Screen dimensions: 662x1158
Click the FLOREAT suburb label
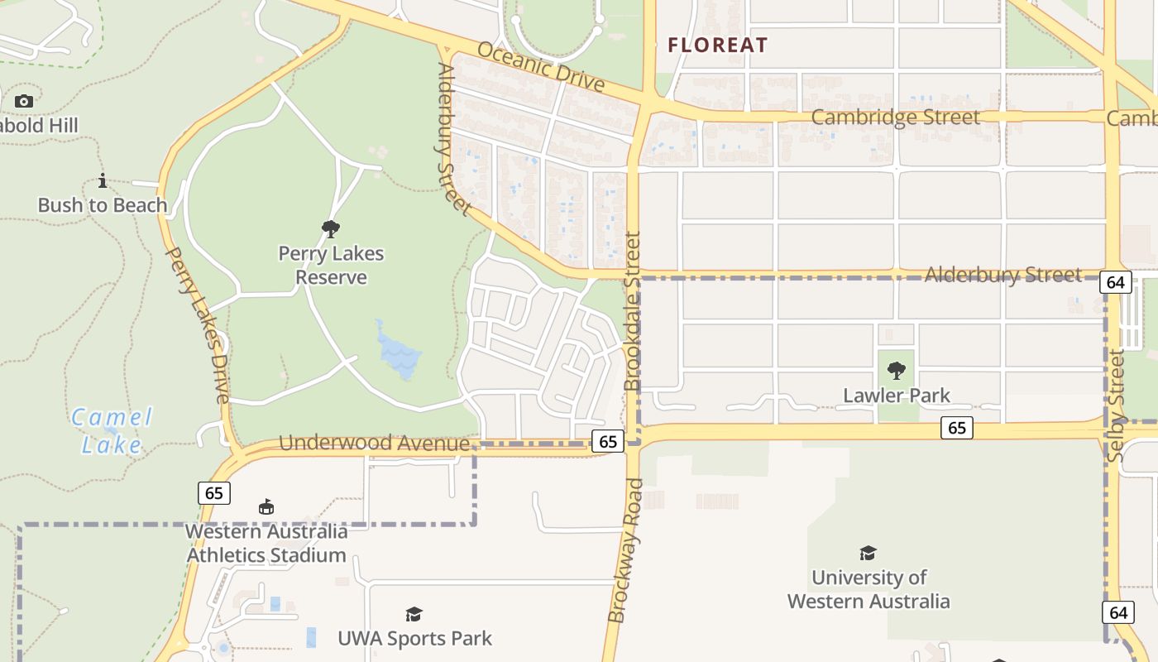tap(718, 45)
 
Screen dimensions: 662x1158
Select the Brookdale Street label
tap(633, 311)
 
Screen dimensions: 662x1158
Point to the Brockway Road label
tap(624, 550)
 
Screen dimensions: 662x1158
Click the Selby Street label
tap(1117, 405)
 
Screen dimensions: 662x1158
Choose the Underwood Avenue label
tap(374, 444)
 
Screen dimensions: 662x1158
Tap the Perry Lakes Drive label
tap(199, 325)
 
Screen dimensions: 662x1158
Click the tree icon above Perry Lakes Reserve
tap(331, 229)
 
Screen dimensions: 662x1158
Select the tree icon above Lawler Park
tap(897, 371)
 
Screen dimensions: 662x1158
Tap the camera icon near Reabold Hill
tap(24, 101)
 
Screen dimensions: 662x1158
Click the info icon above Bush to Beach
tap(103, 180)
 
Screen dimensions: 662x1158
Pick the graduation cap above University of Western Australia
tap(868, 553)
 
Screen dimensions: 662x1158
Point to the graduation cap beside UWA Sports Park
tap(414, 614)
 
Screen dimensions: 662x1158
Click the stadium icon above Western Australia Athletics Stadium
tap(266, 507)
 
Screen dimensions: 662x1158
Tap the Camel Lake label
tap(112, 431)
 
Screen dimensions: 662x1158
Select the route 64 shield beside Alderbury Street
tap(1116, 282)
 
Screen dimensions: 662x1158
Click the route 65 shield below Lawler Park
tap(957, 428)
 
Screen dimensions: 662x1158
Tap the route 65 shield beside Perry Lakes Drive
tap(214, 493)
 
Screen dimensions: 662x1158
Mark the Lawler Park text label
tap(897, 396)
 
